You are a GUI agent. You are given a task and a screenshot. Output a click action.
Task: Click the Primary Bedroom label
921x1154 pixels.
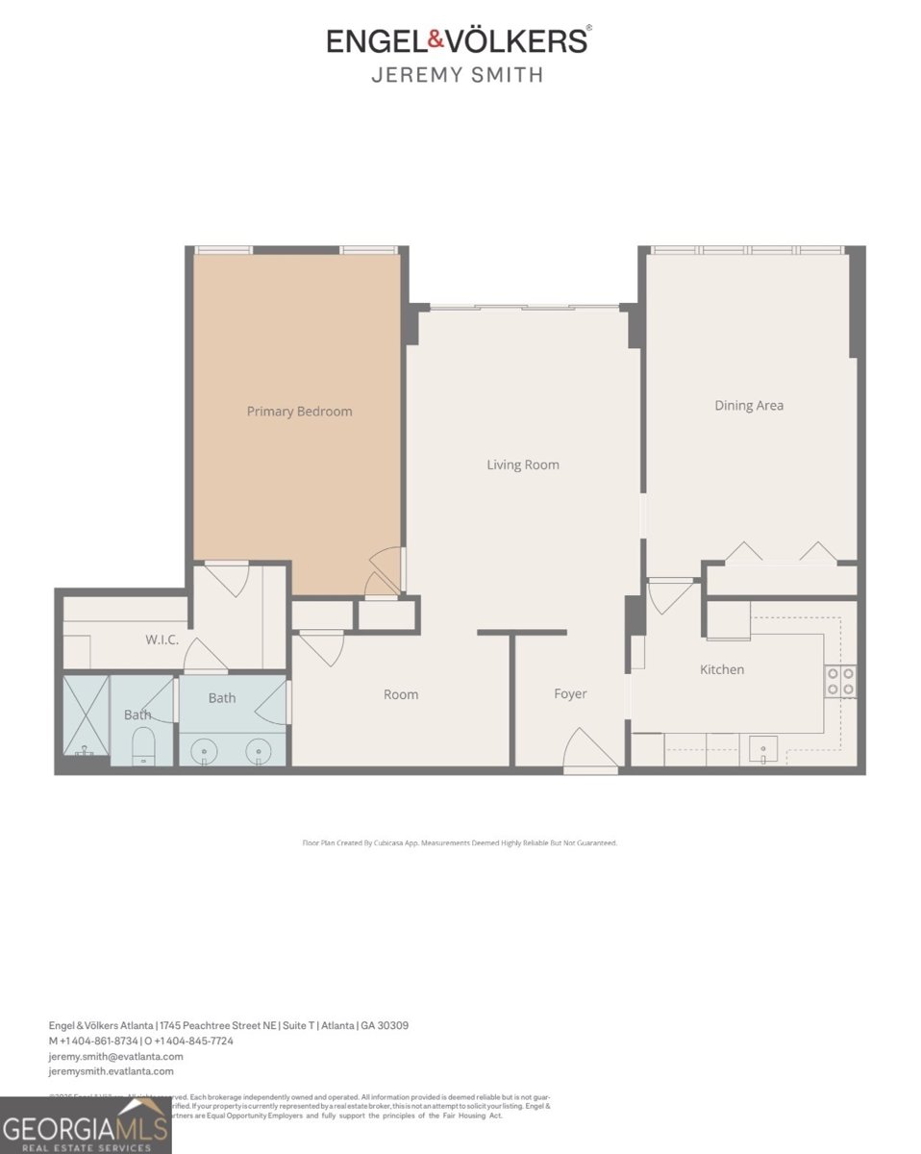pyautogui.click(x=299, y=412)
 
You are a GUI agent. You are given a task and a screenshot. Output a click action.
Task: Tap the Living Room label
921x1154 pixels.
pyautogui.click(x=522, y=465)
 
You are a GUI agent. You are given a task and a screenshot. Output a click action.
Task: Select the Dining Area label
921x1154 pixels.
pyautogui.click(x=748, y=406)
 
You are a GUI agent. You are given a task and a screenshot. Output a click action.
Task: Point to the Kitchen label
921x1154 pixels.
pyautogui.click(x=721, y=669)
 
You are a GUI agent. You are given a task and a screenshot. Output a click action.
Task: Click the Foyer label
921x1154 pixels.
pyautogui.click(x=570, y=694)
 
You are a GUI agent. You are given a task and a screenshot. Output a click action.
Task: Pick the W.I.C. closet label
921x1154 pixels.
pyautogui.click(x=162, y=640)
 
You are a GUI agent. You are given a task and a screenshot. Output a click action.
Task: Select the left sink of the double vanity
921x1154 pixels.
pyautogui.click(x=204, y=751)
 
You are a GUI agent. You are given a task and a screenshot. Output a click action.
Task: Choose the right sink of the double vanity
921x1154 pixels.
pyautogui.click(x=257, y=751)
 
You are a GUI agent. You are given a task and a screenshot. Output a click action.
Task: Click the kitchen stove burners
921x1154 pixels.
pyautogui.click(x=840, y=681)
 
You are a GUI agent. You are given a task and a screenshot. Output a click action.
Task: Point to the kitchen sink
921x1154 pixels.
pyautogui.click(x=763, y=748)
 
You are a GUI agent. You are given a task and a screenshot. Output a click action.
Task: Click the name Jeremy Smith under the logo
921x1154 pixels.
pyautogui.click(x=457, y=74)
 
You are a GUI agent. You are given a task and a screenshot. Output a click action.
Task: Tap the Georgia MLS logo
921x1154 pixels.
pyautogui.click(x=86, y=1126)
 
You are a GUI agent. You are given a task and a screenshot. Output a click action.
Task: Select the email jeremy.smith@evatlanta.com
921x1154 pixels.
pyautogui.click(x=115, y=1056)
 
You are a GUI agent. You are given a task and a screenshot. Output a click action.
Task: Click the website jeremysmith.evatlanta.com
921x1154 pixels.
pyautogui.click(x=112, y=1071)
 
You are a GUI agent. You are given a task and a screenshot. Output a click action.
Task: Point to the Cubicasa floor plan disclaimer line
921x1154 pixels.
pyautogui.click(x=460, y=842)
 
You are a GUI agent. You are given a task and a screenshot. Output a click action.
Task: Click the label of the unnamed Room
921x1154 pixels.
pyautogui.click(x=401, y=695)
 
